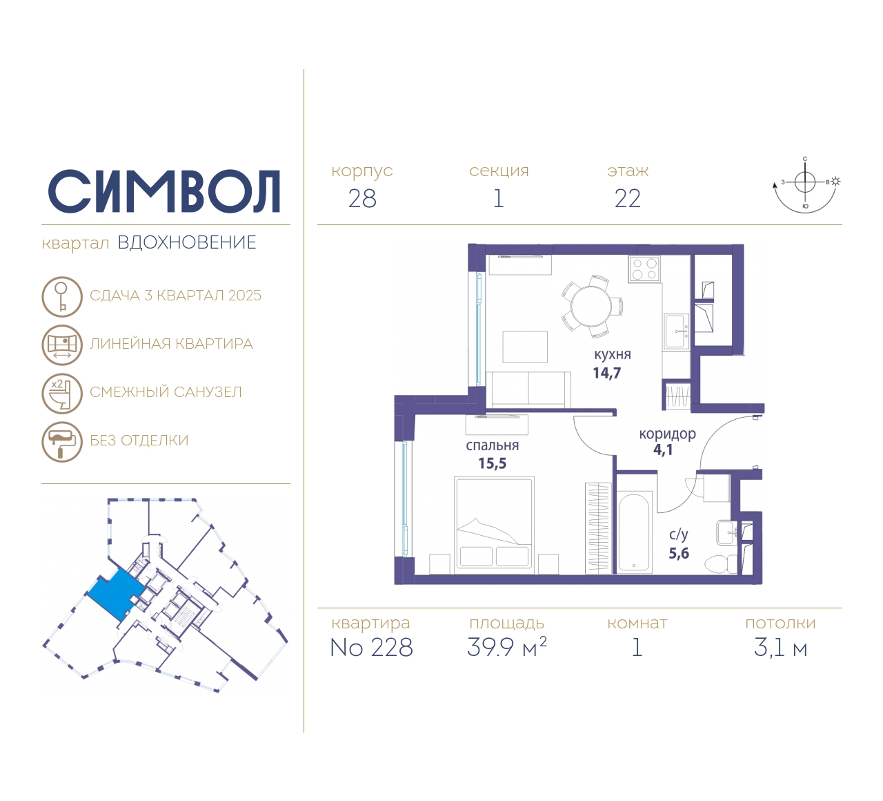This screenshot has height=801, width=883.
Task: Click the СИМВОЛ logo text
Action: click(x=164, y=191)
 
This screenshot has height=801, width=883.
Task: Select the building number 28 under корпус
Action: click(x=362, y=199)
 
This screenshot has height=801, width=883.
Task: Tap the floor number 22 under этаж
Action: click(x=628, y=199)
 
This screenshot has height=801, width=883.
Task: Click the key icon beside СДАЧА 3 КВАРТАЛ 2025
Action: click(x=62, y=296)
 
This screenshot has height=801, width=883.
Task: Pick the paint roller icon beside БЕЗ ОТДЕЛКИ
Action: click(x=62, y=441)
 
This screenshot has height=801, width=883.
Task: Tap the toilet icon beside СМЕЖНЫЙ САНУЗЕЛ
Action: click(x=62, y=393)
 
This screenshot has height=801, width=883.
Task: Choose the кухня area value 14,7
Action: click(x=607, y=374)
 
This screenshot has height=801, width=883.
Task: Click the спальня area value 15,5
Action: click(x=493, y=464)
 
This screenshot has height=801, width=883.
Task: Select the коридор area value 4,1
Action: click(x=663, y=450)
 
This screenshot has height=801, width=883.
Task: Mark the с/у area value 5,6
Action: click(x=679, y=554)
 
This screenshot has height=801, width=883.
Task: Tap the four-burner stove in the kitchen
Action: click(x=644, y=269)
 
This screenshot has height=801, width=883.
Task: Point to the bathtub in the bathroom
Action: click(x=635, y=532)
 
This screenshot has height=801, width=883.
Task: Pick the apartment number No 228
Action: click(x=372, y=648)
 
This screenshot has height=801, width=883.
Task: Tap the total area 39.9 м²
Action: click(x=507, y=648)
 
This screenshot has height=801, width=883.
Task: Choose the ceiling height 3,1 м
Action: click(x=780, y=648)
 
